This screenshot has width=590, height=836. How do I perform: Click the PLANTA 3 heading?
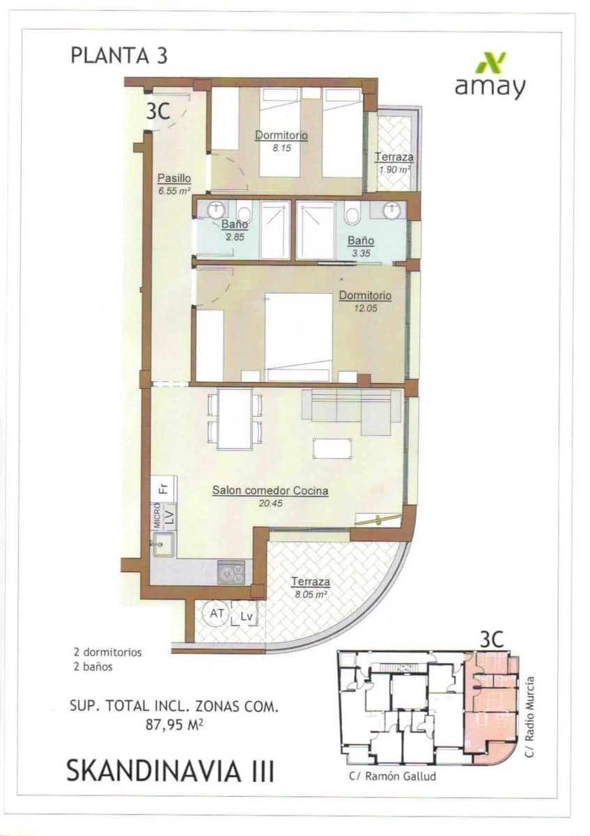point(119,56)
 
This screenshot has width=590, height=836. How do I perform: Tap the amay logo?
point(490,76)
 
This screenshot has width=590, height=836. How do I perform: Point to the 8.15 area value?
point(281,148)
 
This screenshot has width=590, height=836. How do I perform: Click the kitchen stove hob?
point(231,573)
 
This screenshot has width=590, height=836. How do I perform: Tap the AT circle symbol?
point(216,614)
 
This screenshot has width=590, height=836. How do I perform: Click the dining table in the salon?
point(235,418)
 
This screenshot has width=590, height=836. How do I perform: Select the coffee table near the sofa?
point(332,448)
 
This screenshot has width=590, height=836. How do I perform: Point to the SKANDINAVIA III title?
point(170,771)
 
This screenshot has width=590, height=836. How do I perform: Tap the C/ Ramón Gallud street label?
point(391,775)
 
